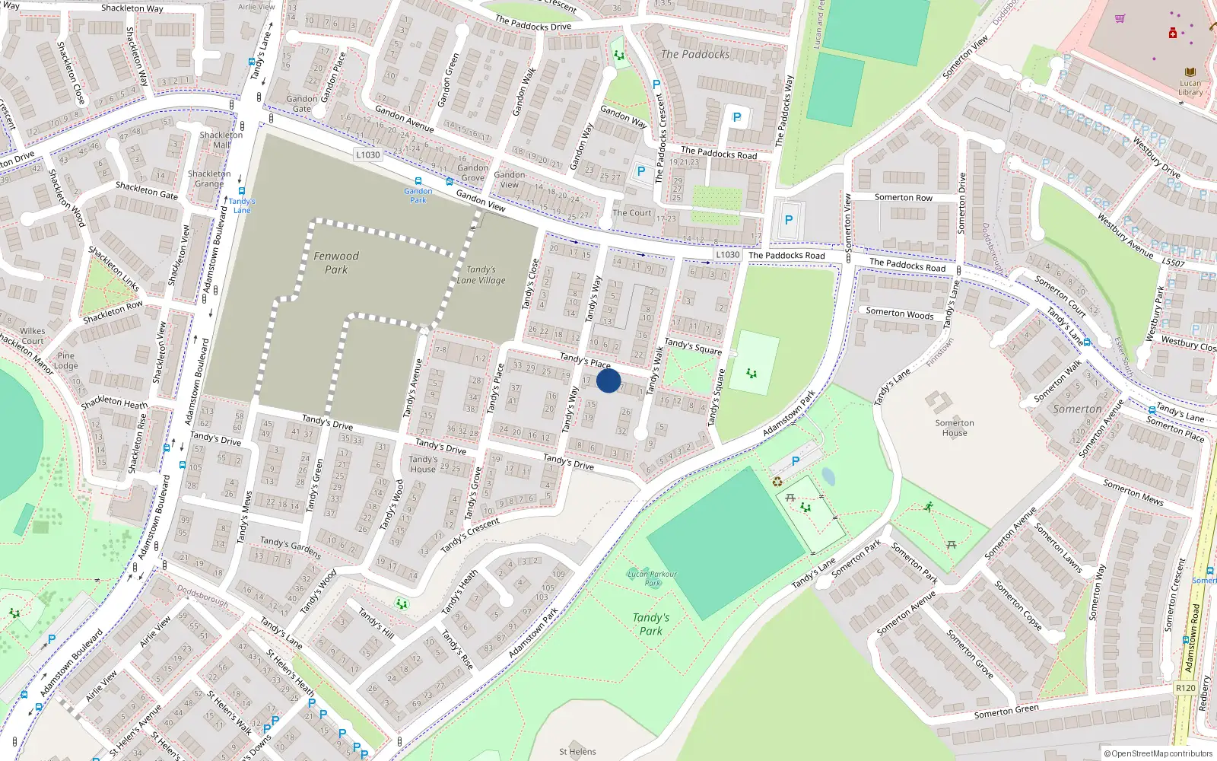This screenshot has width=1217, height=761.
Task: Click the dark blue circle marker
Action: pyautogui.click(x=608, y=380)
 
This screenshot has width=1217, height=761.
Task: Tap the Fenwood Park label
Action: pyautogui.click(x=336, y=263)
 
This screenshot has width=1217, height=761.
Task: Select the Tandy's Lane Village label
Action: pyautogui.click(x=481, y=275)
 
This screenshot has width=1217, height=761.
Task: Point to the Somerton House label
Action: pyautogui.click(x=955, y=428)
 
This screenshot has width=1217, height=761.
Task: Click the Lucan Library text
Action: pyautogui.click(x=1190, y=88)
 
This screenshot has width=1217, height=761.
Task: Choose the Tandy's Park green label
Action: pyautogui.click(x=651, y=624)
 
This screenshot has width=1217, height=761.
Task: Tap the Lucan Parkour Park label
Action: pyautogui.click(x=652, y=578)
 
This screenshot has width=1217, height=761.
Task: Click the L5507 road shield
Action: pyautogui.click(x=1173, y=263)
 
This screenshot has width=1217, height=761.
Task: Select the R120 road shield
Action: pyautogui.click(x=1185, y=688)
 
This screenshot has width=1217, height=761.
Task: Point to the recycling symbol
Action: pyautogui.click(x=777, y=481)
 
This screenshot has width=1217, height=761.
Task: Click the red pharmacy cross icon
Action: pyautogui.click(x=1173, y=33)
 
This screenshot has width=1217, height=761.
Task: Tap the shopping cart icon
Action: pyautogui.click(x=1120, y=19)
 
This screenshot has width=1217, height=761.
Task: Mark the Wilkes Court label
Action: pyautogui.click(x=33, y=336)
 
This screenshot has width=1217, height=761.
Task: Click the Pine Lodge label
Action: pyautogui.click(x=66, y=361)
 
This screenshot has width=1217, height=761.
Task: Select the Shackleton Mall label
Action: pyautogui.click(x=221, y=139)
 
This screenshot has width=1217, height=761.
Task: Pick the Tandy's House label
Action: pyautogui.click(x=423, y=464)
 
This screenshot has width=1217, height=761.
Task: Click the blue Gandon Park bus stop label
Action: pyautogui.click(x=418, y=196)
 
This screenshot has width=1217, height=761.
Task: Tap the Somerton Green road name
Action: pyautogui.click(x=1006, y=712)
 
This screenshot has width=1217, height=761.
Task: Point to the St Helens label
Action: pyautogui.click(x=577, y=752)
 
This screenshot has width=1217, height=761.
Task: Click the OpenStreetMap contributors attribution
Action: pyautogui.click(x=1159, y=753)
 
